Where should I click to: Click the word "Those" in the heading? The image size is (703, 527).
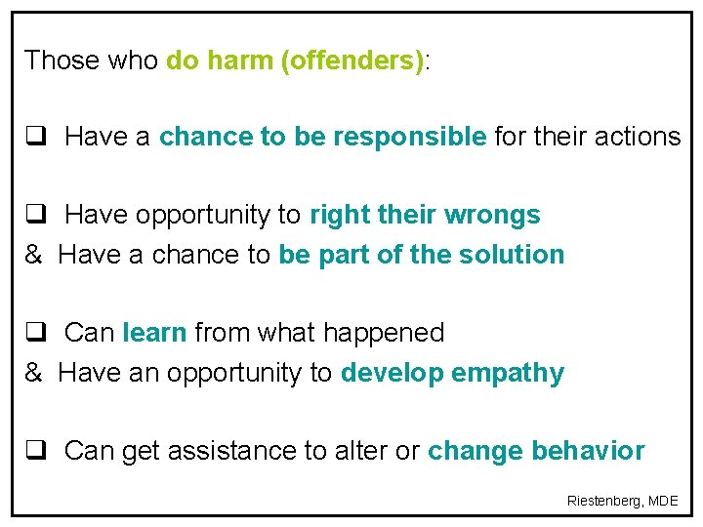click(x=62, y=61)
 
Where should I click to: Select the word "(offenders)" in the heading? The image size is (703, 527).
click(x=352, y=61)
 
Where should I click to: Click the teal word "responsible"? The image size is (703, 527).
click(x=409, y=137)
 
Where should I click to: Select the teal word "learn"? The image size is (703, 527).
click(x=154, y=333)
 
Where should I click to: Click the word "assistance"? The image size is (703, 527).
click(x=226, y=451)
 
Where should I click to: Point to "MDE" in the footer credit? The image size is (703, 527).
click(x=664, y=501)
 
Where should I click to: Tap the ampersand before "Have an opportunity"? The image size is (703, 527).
click(x=33, y=373)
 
